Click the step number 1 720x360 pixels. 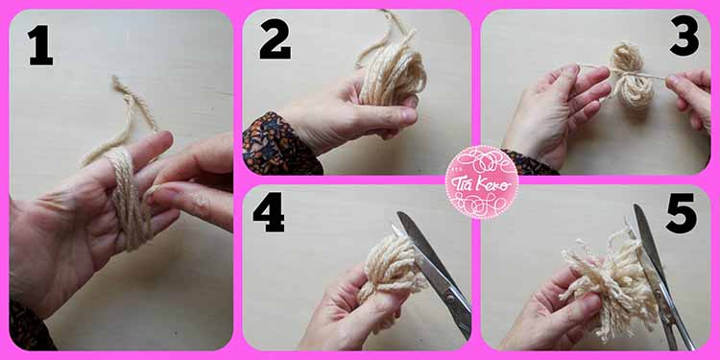click(40, 45)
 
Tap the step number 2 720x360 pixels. click(276, 39)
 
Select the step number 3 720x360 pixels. click(684, 36)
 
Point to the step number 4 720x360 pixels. click(269, 212)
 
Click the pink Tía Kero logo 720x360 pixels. click(482, 181)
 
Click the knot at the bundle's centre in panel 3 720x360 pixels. click(629, 74)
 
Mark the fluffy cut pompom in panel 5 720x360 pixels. click(610, 280)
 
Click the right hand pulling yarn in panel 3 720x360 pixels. click(692, 96)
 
